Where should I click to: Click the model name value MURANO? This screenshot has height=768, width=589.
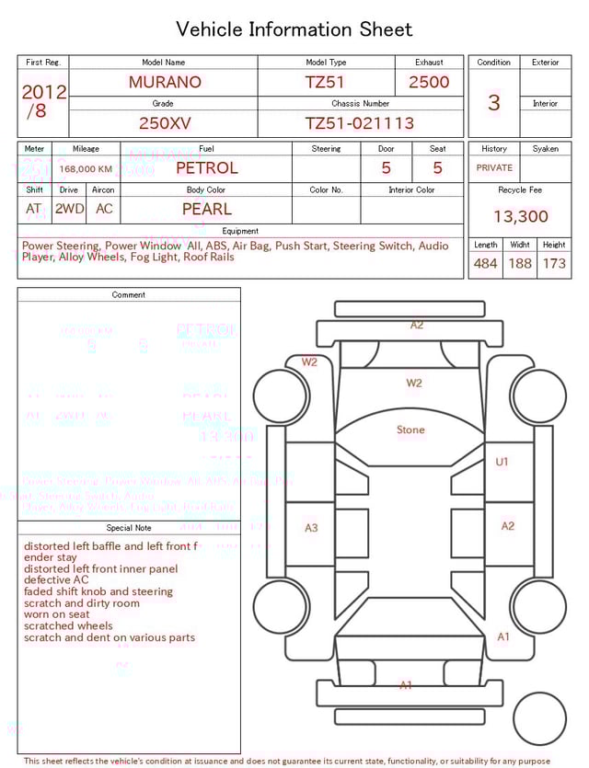pyautogui.click(x=165, y=82)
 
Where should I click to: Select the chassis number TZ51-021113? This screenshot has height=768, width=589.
pyautogui.click(x=360, y=123)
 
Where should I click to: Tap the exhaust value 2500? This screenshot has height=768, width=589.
pyautogui.click(x=429, y=82)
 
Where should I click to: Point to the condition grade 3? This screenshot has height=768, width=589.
pyautogui.click(x=493, y=102)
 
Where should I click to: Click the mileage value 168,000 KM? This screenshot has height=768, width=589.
pyautogui.click(x=86, y=169)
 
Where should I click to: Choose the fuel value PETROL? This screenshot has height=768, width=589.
pyautogui.click(x=206, y=168)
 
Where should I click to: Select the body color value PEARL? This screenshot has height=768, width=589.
pyautogui.click(x=206, y=209)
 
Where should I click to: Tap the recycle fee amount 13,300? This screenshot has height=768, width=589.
pyautogui.click(x=520, y=216)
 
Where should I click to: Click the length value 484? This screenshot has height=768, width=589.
pyautogui.click(x=485, y=264)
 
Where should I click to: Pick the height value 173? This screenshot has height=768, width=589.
pyautogui.click(x=554, y=264)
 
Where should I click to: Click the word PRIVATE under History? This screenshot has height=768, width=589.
pyautogui.click(x=494, y=167)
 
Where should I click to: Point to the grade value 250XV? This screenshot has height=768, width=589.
pyautogui.click(x=165, y=123)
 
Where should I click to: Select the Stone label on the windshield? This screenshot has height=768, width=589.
pyautogui.click(x=410, y=430)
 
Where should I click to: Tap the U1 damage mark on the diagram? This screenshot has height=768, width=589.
pyautogui.click(x=502, y=462)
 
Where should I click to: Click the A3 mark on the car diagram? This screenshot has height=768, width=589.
pyautogui.click(x=311, y=527)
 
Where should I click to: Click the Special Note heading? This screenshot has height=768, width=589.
pyautogui.click(x=129, y=528)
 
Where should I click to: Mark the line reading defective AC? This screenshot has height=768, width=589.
pyautogui.click(x=56, y=580)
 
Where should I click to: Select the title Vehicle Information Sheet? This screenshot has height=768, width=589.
pyautogui.click(x=294, y=29)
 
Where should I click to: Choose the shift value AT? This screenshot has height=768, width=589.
pyautogui.click(x=34, y=209)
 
